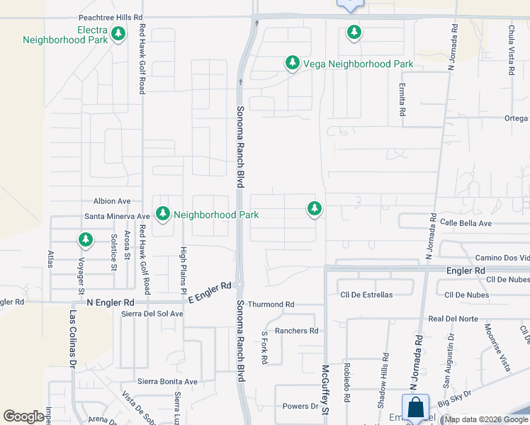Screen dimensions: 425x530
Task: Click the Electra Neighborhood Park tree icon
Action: point(118,33)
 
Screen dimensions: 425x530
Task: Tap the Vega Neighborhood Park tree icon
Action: point(292,64)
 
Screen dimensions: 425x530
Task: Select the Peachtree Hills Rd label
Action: point(111,16)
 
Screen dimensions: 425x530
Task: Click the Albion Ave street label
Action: point(112,202)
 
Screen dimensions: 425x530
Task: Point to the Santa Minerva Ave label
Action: point(117,216)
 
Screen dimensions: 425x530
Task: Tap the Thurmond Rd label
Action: point(271,305)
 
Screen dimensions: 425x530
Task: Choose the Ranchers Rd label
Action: point(297,331)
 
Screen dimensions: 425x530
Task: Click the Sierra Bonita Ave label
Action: point(167,381)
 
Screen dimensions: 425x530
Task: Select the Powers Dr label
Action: point(300,407)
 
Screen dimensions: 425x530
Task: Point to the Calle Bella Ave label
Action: point(466,223)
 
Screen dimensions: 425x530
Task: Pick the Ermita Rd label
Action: point(402,100)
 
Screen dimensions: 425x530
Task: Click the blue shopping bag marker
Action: point(415,408)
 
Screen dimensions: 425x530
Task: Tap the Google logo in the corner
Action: point(23,416)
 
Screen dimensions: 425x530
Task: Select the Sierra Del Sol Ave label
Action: point(152,314)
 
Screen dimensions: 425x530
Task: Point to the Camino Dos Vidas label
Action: point(502,257)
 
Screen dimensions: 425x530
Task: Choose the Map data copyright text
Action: point(486,419)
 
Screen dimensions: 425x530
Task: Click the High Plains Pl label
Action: point(183,270)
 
